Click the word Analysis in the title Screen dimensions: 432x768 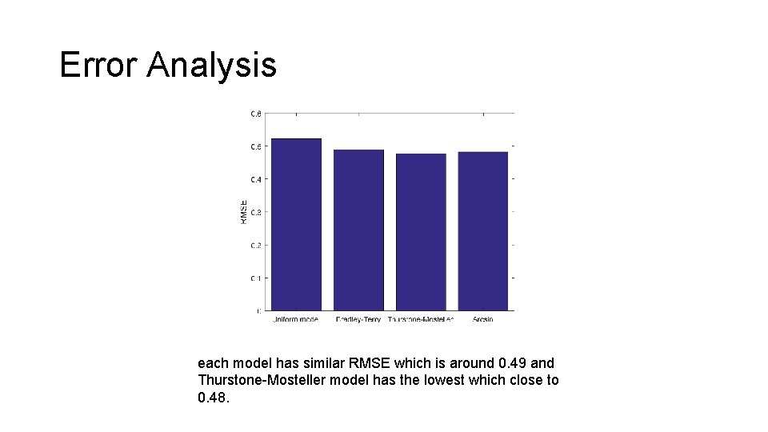coord(211,66)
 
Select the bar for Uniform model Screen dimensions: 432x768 coord(296,225)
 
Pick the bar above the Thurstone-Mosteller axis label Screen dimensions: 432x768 coord(421,232)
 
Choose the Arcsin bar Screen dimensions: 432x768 coord(482,231)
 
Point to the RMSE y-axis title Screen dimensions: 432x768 coord(243,211)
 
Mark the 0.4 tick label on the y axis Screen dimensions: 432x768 coord(255,179)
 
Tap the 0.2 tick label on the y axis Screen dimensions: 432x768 coord(255,245)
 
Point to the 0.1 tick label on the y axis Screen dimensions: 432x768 coord(255,278)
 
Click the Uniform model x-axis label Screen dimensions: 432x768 coord(295,319)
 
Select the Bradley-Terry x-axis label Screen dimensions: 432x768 coord(358,319)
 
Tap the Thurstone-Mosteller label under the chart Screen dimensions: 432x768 coord(421,319)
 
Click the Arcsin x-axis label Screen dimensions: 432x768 coord(482,319)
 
